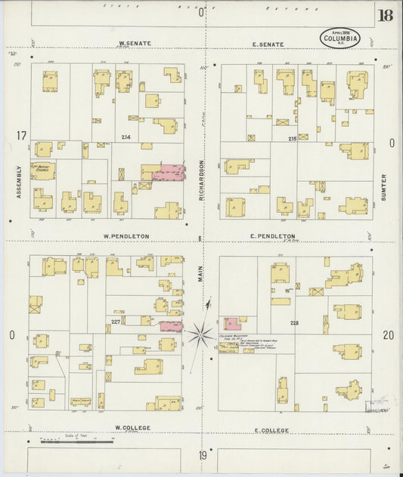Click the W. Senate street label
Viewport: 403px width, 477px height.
pyautogui.click(x=136, y=44)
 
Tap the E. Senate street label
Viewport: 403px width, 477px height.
pyautogui.click(x=268, y=45)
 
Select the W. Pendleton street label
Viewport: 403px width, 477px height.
pyautogui.click(x=126, y=236)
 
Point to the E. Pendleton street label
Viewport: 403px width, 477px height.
pyautogui.click(x=272, y=236)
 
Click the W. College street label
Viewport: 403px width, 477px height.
pyautogui.click(x=132, y=428)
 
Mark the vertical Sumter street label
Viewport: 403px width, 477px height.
pyautogui.click(x=384, y=187)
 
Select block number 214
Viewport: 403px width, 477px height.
pyautogui.click(x=126, y=136)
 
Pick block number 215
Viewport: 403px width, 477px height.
pyautogui.click(x=293, y=139)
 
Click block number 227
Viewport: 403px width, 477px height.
pyautogui.click(x=115, y=323)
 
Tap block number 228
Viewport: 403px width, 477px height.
pyautogui.click(x=294, y=323)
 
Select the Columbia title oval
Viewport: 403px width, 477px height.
pyautogui.click(x=340, y=38)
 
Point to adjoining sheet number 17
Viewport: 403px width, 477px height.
pyautogui.click(x=21, y=136)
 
